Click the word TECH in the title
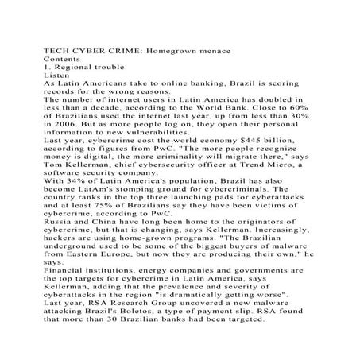click(x=56, y=51)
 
